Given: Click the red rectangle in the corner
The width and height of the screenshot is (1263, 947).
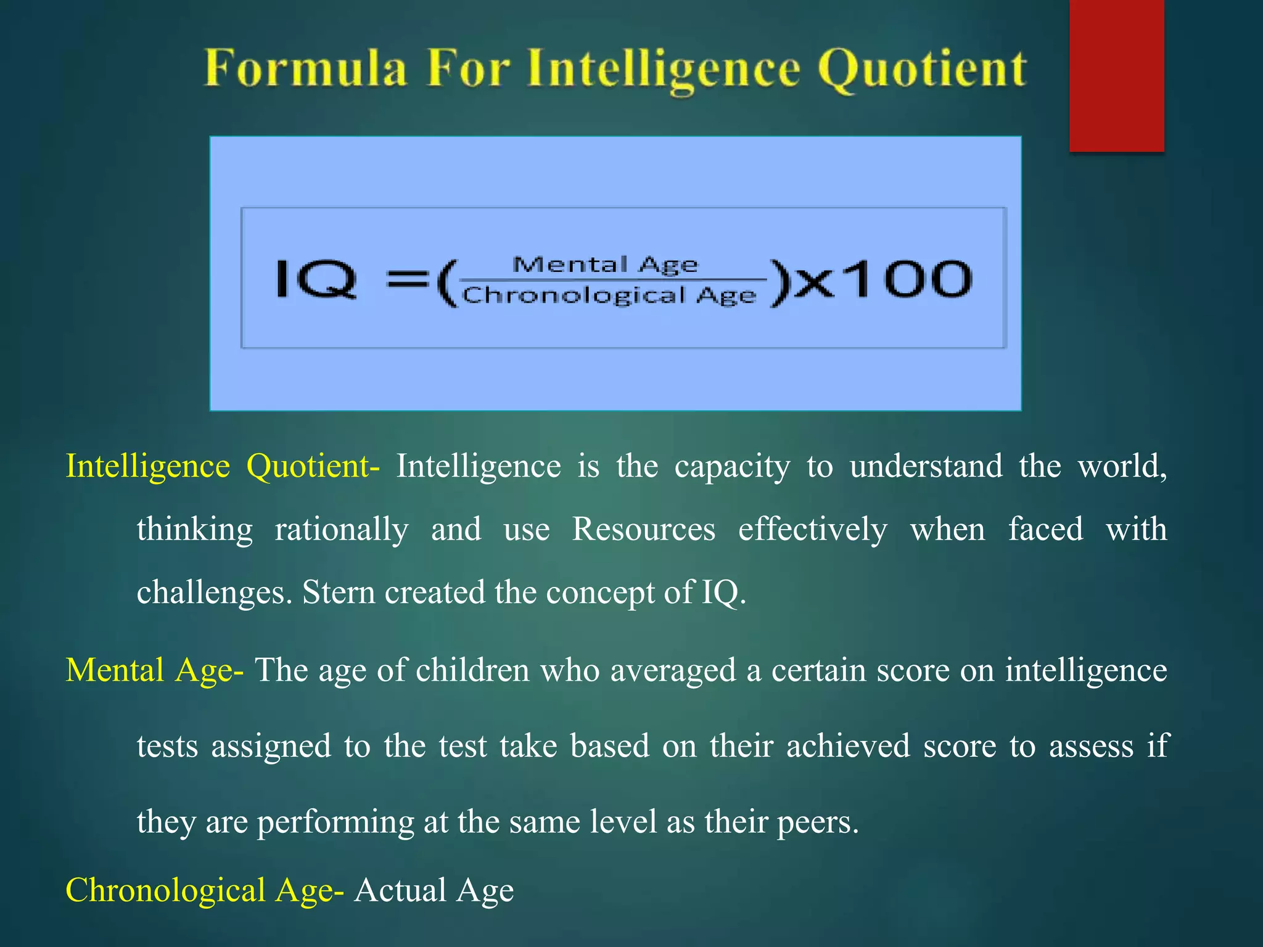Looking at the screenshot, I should [1116, 75].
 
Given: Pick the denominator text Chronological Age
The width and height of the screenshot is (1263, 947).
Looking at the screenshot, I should [609, 295].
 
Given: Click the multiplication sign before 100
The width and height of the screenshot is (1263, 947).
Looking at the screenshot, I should [815, 282].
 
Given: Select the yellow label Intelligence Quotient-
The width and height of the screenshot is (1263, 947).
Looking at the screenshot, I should [223, 466].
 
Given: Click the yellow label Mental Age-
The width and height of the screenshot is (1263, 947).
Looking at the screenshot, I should [155, 670].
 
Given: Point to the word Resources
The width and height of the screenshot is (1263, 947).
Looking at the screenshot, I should [644, 530].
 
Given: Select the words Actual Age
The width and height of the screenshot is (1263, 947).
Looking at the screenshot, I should [434, 890].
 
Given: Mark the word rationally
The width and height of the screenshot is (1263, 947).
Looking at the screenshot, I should [342, 530].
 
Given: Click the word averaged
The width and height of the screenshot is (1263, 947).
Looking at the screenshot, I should [673, 670].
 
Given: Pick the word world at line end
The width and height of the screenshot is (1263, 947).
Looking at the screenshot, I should [1121, 466].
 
